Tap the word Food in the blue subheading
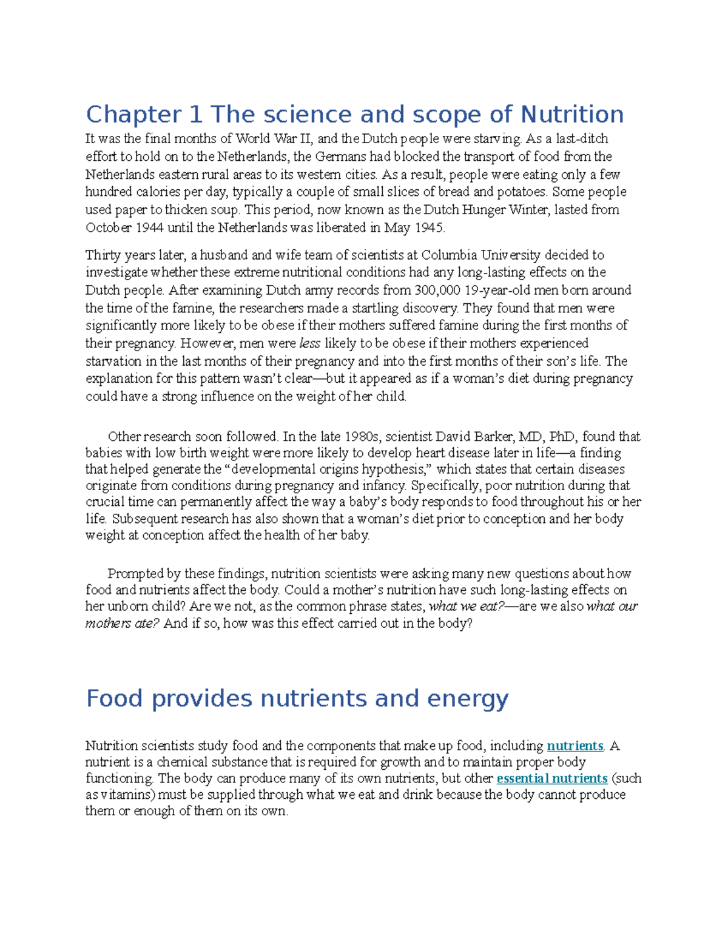pos(114,698)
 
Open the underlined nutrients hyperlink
pos(575,745)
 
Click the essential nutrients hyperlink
pos(551,778)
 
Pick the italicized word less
pos(309,343)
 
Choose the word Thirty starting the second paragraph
pos(103,255)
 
